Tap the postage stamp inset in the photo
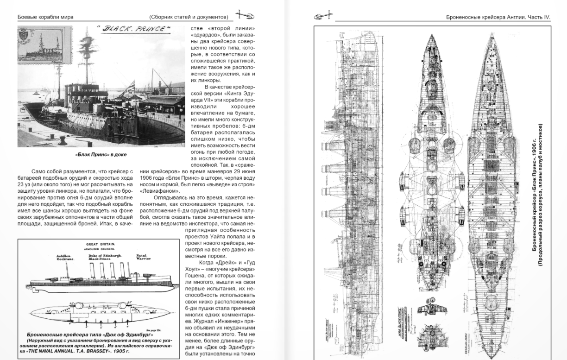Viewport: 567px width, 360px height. pyautogui.click(x=45, y=45)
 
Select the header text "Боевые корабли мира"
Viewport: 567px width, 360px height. pyautogui.click(x=45, y=17)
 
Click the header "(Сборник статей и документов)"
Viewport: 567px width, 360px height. pyautogui.click(x=189, y=17)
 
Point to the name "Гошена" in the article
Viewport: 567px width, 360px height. pyautogui.click(x=196, y=276)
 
